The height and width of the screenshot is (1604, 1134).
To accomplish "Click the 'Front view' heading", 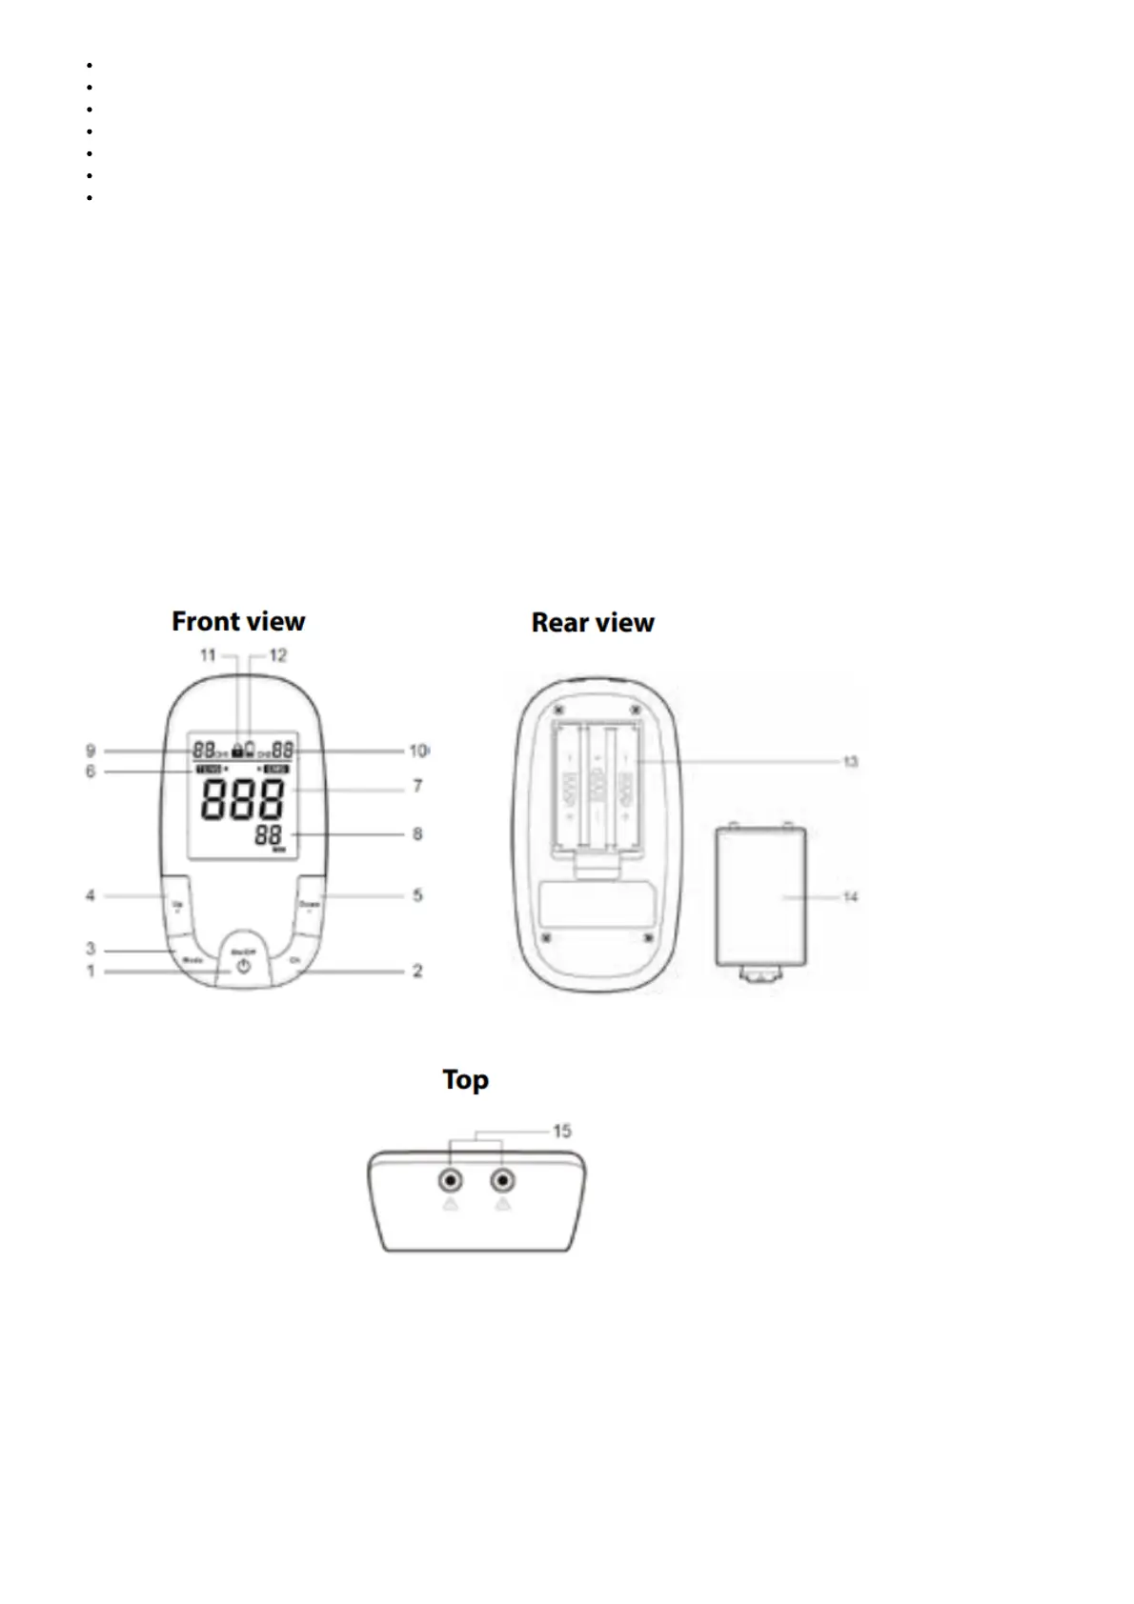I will (x=238, y=622).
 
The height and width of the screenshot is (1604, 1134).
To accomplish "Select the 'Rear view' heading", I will (x=593, y=623).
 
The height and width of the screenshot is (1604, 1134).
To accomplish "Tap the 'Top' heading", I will (x=465, y=1080).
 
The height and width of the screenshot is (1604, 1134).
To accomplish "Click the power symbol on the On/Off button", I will (x=244, y=966).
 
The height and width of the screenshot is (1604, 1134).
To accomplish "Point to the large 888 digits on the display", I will (x=243, y=800).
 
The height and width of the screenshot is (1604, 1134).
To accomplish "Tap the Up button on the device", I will (x=177, y=903).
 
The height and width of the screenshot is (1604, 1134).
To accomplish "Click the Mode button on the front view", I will (x=192, y=960).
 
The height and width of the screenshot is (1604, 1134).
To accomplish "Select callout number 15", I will (x=562, y=1131).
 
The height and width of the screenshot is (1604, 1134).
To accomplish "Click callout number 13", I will (x=850, y=761).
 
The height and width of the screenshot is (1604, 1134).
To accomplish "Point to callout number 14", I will (x=850, y=896).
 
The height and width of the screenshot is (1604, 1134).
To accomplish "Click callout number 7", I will (x=417, y=787).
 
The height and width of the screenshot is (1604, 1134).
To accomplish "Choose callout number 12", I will (x=277, y=655).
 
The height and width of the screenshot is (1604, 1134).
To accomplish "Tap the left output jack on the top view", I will (x=450, y=1182).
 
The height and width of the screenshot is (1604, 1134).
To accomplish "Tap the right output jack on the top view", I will (x=502, y=1182).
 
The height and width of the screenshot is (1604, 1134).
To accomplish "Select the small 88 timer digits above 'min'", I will (x=271, y=835).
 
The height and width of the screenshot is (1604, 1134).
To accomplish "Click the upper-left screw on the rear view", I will (x=558, y=712).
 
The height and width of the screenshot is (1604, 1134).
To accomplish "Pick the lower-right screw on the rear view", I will (x=647, y=939).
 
